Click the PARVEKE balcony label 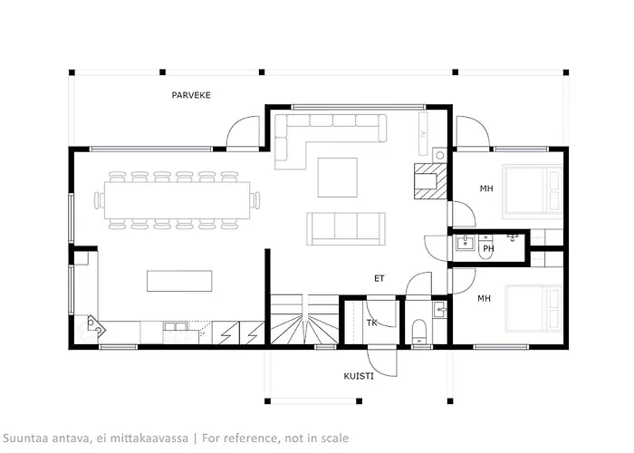(x=191, y=95)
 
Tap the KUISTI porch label (x=359, y=376)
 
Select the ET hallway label (x=379, y=278)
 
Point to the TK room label (x=372, y=323)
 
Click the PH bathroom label (x=488, y=248)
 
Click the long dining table (x=177, y=200)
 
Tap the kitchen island (x=179, y=281)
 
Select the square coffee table (x=337, y=178)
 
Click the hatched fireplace (x=430, y=181)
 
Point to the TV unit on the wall (x=423, y=133)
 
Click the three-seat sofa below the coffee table (x=346, y=228)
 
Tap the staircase (x=304, y=320)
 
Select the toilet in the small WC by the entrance (x=418, y=332)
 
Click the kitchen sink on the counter (x=175, y=326)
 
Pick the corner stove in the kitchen (x=95, y=326)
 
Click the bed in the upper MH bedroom (x=533, y=188)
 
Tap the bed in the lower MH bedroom (x=533, y=309)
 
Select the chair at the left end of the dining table (x=98, y=200)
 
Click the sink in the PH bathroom (x=465, y=244)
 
